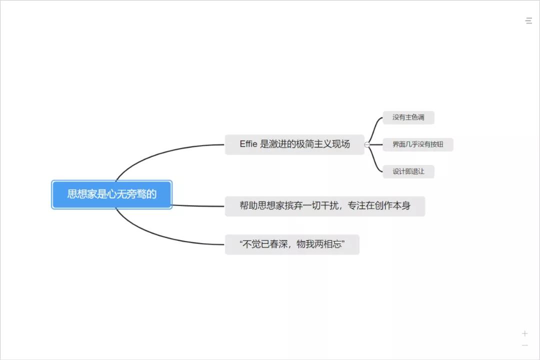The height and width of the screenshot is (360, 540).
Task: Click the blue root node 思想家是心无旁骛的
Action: [x=111, y=194]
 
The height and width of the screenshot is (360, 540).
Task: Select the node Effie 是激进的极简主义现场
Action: [x=294, y=144]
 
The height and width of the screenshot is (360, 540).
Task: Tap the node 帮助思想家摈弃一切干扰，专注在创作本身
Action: [x=324, y=206]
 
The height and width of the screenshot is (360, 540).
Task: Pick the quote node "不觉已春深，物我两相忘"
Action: [x=292, y=244]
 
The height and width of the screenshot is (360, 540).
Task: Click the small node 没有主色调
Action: [x=408, y=118]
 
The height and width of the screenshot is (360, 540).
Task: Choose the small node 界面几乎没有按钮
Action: [x=417, y=145]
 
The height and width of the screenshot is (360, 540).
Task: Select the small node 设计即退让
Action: [x=408, y=171]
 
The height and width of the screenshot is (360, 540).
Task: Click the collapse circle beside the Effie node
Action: [x=367, y=145]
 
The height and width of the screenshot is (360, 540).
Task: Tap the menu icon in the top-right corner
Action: [x=528, y=21]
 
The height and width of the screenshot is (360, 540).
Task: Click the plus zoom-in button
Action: [x=524, y=333]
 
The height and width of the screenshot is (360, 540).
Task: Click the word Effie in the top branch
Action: [x=248, y=144]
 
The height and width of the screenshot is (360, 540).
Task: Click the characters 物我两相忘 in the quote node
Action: [x=320, y=244]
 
